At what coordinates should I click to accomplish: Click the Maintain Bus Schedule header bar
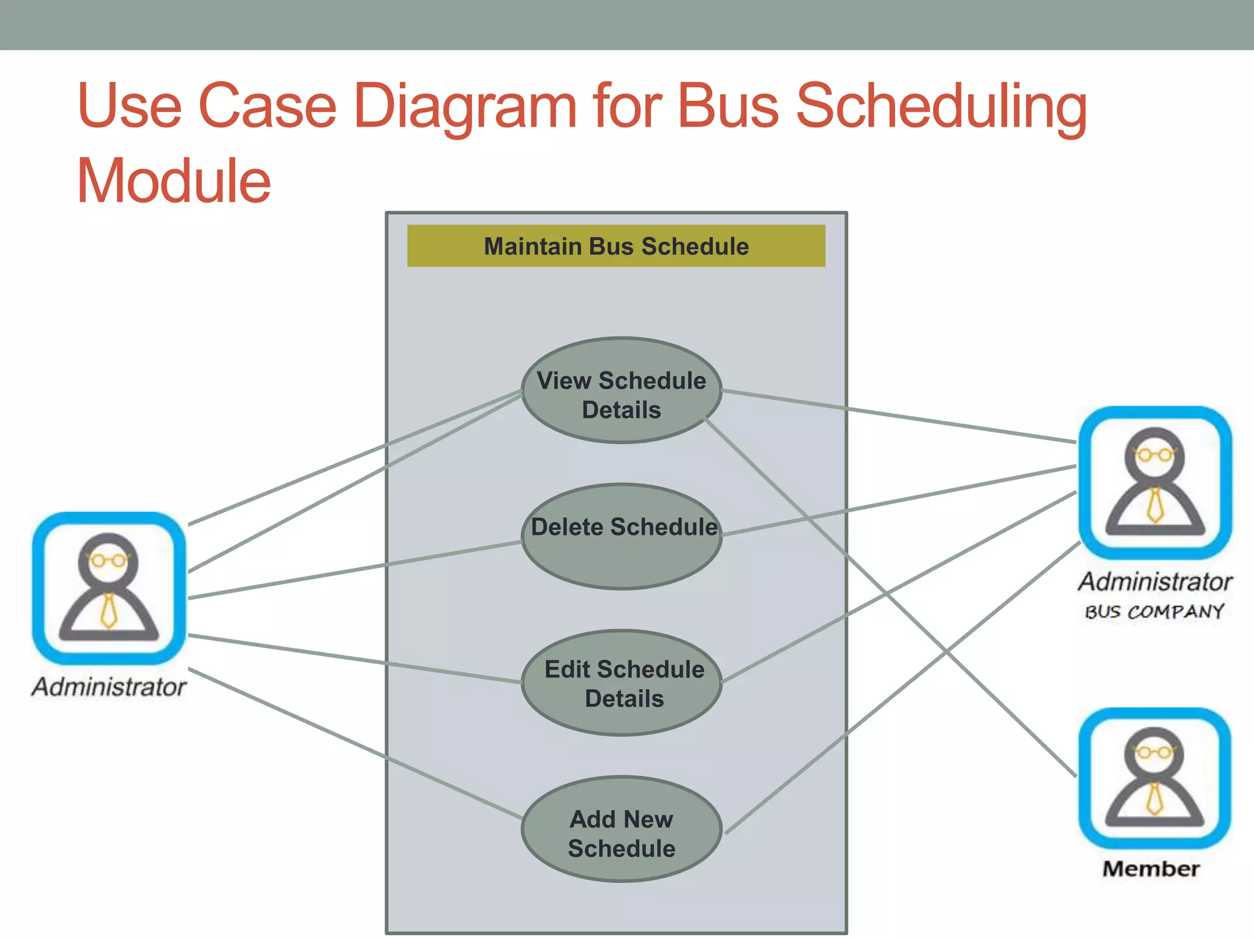point(616,246)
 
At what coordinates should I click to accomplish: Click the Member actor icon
point(1154,778)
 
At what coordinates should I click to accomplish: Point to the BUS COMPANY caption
point(1154,611)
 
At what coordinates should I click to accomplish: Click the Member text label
point(1151,869)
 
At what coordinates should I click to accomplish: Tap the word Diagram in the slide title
point(465,107)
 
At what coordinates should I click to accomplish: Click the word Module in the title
point(174,181)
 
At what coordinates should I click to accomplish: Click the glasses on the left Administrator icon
point(109,559)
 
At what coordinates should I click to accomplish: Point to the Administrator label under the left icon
point(109,687)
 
